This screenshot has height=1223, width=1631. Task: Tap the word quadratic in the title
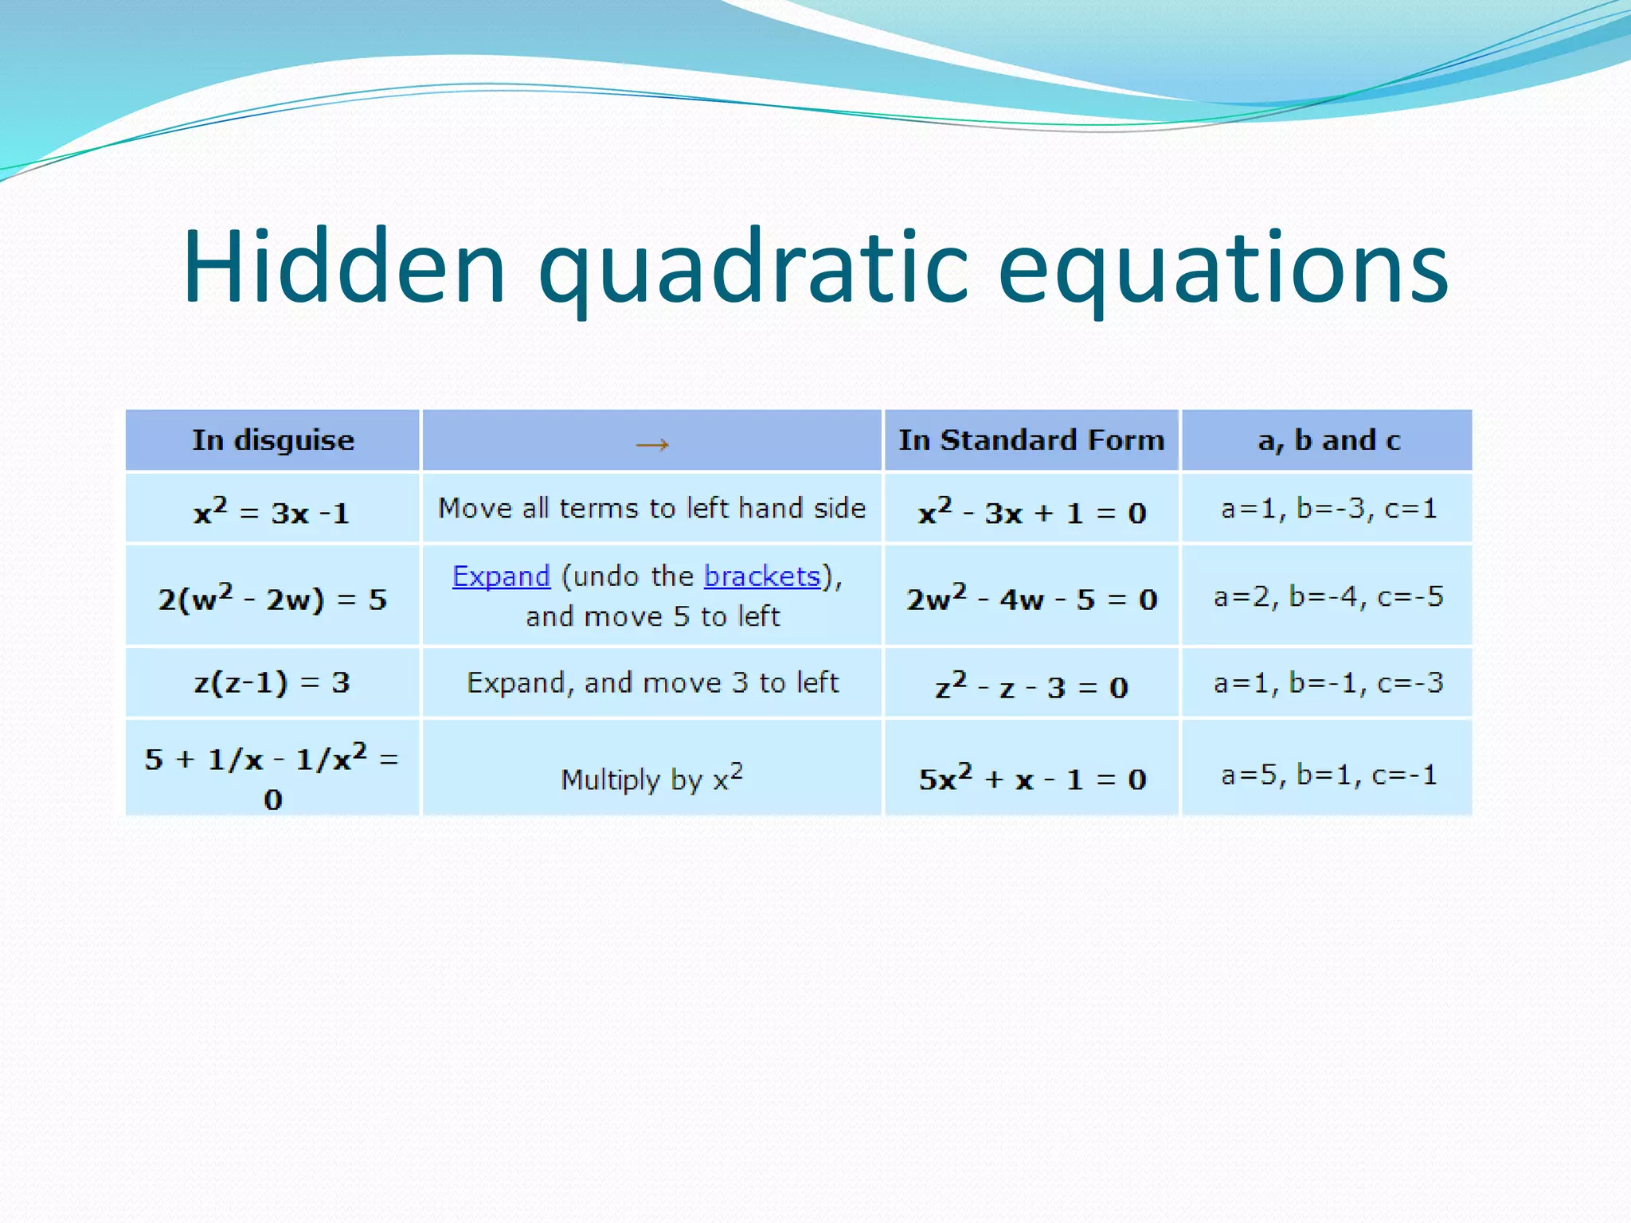click(x=753, y=269)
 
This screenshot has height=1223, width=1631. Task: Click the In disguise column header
click(x=272, y=440)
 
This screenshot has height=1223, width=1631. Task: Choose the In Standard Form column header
click(x=1031, y=440)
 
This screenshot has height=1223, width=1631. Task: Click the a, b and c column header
click(x=1328, y=440)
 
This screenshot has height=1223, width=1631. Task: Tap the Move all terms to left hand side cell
click(x=652, y=508)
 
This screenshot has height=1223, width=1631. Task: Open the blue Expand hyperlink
click(x=501, y=576)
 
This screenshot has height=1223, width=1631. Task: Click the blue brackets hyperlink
click(x=762, y=576)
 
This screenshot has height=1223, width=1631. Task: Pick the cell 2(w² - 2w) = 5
click(x=272, y=598)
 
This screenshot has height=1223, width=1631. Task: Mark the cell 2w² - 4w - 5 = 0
click(x=1031, y=598)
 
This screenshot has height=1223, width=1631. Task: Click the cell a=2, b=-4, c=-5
click(x=1328, y=596)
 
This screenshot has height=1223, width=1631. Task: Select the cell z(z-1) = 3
click(x=272, y=682)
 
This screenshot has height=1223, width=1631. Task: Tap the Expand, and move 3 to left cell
click(x=652, y=682)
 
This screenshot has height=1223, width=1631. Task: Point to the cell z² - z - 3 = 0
click(x=1031, y=686)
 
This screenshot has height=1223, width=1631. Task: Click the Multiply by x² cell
click(x=652, y=778)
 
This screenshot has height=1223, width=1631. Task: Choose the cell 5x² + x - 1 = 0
click(x=1031, y=777)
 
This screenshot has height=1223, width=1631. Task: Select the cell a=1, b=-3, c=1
click(x=1328, y=508)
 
